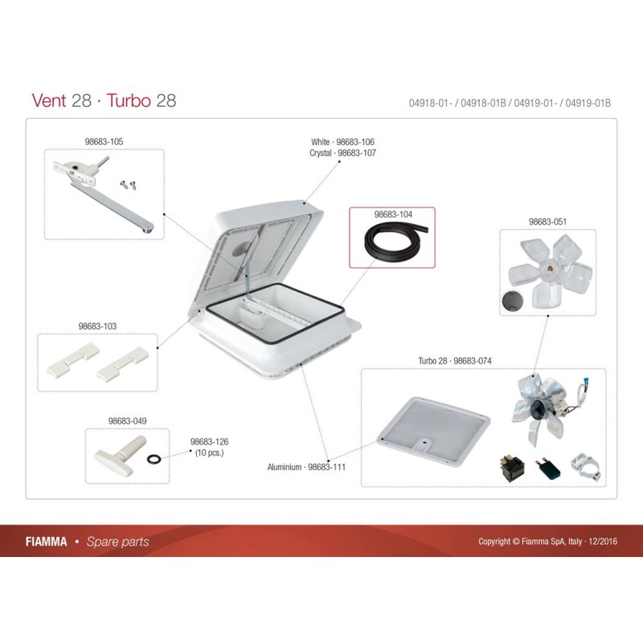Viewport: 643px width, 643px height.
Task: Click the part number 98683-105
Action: (104, 141)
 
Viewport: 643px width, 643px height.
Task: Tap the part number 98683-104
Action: (393, 215)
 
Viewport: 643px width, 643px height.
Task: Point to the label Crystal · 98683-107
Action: (342, 152)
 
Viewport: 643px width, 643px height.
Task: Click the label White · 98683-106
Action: (342, 141)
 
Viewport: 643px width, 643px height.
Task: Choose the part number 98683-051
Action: (547, 222)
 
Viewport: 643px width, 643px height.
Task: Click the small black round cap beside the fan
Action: (511, 302)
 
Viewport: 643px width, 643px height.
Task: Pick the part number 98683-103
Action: (97, 326)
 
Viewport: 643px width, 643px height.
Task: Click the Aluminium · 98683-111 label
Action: (306, 467)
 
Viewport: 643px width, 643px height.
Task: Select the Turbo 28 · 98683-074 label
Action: (456, 362)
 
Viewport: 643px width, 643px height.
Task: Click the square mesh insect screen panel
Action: (432, 429)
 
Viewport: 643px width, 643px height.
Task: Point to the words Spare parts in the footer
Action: (117, 542)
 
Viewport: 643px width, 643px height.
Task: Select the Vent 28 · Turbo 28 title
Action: (104, 100)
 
